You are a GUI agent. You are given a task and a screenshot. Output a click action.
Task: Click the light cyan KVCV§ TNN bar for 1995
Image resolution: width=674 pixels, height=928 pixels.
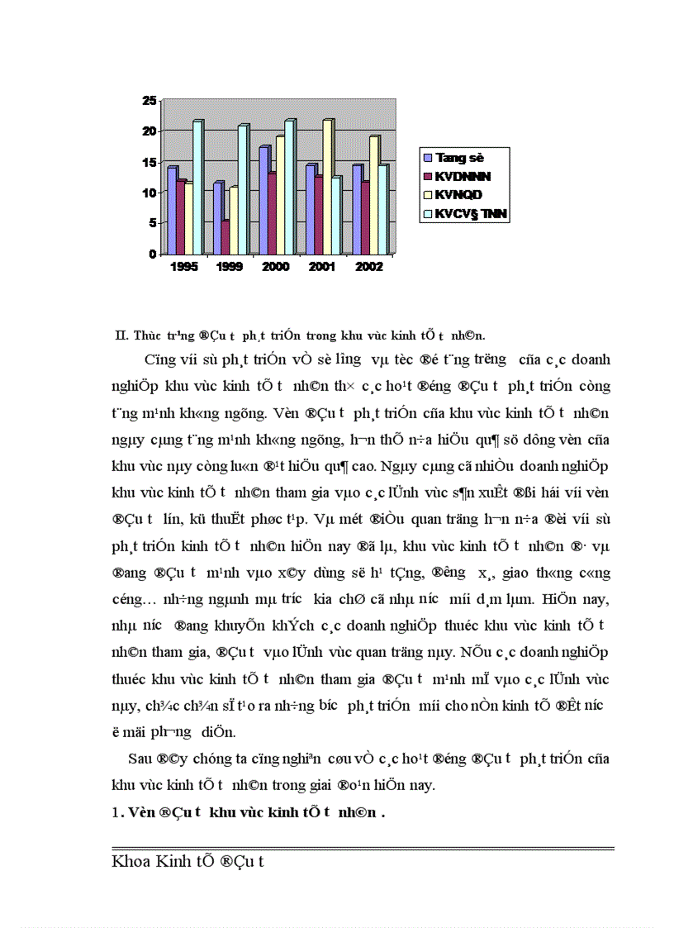(x=197, y=188)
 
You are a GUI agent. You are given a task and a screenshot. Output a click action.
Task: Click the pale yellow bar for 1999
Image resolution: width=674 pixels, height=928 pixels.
(x=234, y=221)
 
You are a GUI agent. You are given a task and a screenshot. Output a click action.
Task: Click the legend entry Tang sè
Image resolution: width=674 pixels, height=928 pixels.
(x=459, y=157)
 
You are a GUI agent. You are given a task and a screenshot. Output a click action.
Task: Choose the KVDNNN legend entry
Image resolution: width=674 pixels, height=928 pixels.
(x=463, y=176)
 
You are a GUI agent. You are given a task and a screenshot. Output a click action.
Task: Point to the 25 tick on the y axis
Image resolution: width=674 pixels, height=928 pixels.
(x=149, y=101)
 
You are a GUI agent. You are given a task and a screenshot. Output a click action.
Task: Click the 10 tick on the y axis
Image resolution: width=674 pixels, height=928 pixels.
(x=149, y=193)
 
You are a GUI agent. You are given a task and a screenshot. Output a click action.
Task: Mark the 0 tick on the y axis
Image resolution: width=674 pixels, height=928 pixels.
(x=152, y=254)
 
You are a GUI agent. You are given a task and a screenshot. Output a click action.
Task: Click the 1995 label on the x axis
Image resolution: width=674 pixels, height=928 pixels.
(x=183, y=268)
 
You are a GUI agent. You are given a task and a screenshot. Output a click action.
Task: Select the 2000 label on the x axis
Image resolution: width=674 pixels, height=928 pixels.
(x=275, y=268)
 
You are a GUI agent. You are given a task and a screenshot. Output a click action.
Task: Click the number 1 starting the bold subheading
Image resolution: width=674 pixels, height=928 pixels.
(x=115, y=812)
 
